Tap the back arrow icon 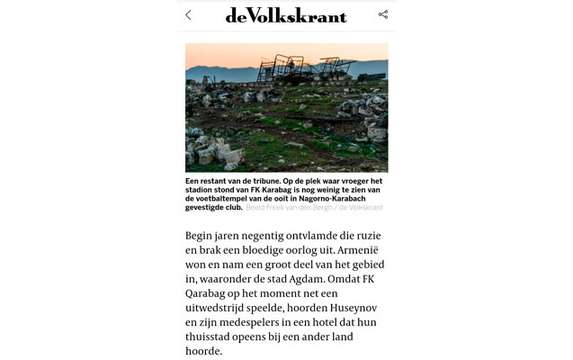coord(188,14)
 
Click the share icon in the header coord(383,14)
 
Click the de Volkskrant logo coord(285,14)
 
